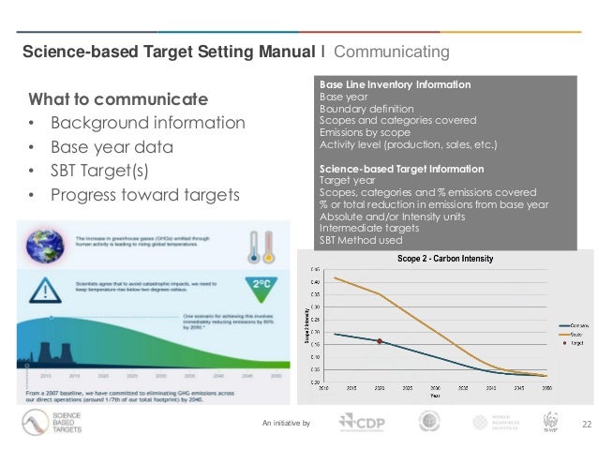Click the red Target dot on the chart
[x=379, y=341]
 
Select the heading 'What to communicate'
[x=118, y=99]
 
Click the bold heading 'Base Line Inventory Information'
[x=395, y=85]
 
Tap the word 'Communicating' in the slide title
[x=391, y=50]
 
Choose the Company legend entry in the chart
[x=552, y=325]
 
